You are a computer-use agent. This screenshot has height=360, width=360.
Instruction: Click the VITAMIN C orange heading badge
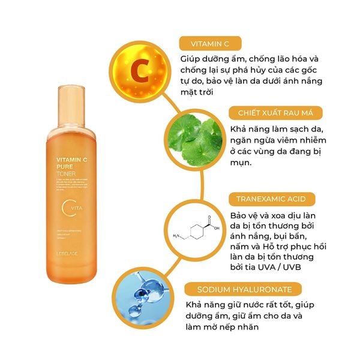click(209, 43)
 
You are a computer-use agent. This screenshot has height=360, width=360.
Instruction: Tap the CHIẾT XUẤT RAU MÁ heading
click(269, 113)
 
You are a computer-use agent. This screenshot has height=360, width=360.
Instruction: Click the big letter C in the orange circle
click(139, 71)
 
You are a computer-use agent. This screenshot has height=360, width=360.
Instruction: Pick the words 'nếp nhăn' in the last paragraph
click(240, 329)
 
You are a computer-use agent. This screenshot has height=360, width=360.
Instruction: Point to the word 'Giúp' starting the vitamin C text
click(191, 59)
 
